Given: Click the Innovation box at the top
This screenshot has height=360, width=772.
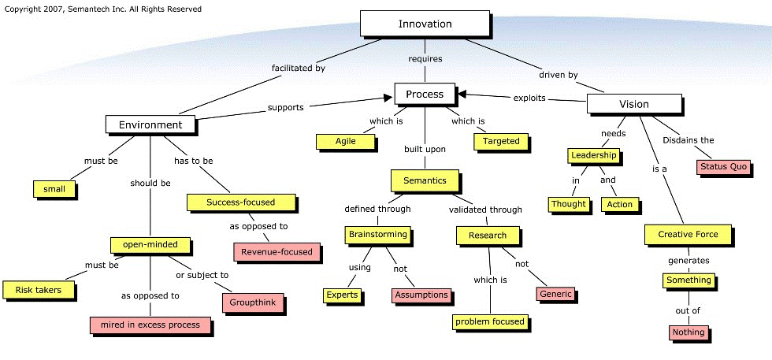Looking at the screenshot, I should point(425,24).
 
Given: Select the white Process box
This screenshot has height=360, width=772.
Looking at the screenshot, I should point(425,95).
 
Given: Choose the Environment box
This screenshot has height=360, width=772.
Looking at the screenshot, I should point(150,124).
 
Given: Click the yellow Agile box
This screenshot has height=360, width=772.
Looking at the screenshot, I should point(346,141).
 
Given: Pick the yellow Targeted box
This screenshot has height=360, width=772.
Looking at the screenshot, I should point(501,141).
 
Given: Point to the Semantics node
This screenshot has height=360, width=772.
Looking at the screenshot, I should point(425,180).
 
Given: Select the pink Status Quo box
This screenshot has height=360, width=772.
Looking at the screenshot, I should point(722,167).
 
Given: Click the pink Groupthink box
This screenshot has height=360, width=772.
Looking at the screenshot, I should point(252,302).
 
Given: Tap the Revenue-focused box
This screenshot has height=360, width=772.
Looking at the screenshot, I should point(277,252).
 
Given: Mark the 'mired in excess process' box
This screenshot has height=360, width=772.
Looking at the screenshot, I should point(150,324).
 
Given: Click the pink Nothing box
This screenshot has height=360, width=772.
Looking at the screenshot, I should point(689,332).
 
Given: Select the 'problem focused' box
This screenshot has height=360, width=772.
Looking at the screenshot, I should point(489,321).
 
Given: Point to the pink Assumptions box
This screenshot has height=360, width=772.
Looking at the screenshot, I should point(421,295).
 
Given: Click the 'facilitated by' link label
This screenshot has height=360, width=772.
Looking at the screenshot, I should point(299,68).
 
